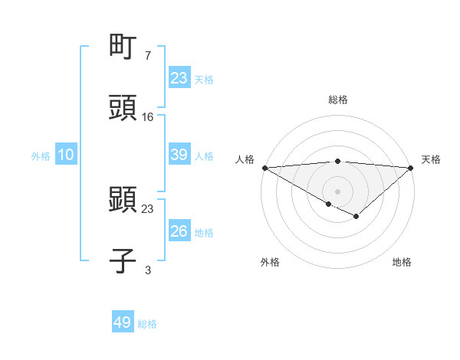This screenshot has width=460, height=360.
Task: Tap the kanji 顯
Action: coord(123,201)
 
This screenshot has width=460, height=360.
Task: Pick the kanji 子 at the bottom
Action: coord(123,260)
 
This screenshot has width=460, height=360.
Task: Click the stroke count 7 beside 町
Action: coord(148,56)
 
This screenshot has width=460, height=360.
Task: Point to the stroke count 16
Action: coord(148,116)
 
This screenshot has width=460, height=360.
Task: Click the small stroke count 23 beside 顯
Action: coord(148,208)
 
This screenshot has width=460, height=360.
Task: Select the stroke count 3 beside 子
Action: coord(148,269)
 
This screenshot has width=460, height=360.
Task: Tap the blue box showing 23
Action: coord(179,77)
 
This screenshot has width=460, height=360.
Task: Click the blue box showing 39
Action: coord(179,154)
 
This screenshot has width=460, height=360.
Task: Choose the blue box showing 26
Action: coord(179,231)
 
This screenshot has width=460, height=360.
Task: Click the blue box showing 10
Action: coord(65,154)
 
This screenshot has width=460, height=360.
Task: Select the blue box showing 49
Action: coord(122,322)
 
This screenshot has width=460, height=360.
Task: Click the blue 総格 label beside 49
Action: coord(147,324)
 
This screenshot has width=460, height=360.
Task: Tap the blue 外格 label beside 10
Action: coord(41,155)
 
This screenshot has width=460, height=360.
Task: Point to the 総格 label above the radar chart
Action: coord(337,100)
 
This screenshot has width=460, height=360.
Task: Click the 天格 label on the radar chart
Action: coord(431,159)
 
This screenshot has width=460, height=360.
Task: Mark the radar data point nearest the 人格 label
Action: coord(264,167)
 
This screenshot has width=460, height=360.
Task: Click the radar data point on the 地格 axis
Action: coord(356,217)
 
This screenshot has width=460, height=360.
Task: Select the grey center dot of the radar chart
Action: coord(337,191)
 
